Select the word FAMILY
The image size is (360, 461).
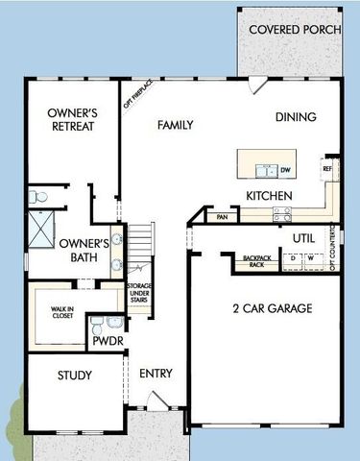pos(176,125)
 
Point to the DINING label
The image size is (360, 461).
pos(296,117)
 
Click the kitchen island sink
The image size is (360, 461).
pos(263,171)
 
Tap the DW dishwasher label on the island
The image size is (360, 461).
pos(285,171)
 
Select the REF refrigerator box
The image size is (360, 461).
pos(328,169)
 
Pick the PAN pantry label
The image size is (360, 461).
pos(223,218)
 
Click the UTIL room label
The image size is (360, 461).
pos(303,236)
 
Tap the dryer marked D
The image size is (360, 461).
pos(294,259)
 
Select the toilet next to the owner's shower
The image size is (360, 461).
pos(38,196)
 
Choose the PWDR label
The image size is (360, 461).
pos(104,341)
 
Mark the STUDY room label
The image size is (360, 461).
pos(74,375)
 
